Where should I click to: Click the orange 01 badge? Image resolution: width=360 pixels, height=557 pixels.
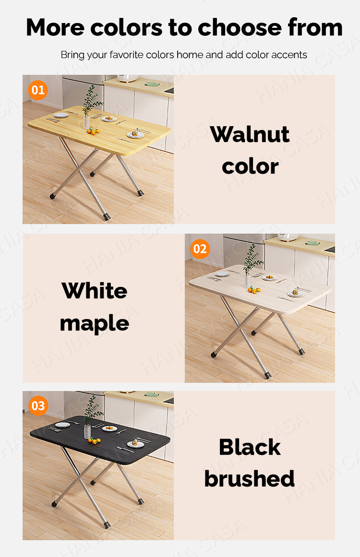(38, 90)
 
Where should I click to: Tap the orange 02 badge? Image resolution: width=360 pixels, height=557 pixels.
(200, 249)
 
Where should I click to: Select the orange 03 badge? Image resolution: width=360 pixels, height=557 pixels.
(38, 406)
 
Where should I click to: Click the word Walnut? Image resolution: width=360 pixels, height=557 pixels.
(250, 135)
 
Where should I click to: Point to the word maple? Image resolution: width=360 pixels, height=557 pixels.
(95, 324)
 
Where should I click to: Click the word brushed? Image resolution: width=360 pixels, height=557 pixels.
(250, 478)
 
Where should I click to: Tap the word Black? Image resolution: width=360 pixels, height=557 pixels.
(250, 447)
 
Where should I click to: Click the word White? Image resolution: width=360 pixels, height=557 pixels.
(95, 291)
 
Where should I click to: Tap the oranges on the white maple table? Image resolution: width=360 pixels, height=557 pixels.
(253, 289)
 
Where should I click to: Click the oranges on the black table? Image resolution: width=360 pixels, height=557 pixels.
(94, 439)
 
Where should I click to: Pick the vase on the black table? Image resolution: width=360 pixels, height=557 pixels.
(87, 430)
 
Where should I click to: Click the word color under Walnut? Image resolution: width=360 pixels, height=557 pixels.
(250, 166)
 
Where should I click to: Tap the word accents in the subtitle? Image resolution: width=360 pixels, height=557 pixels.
(289, 55)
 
